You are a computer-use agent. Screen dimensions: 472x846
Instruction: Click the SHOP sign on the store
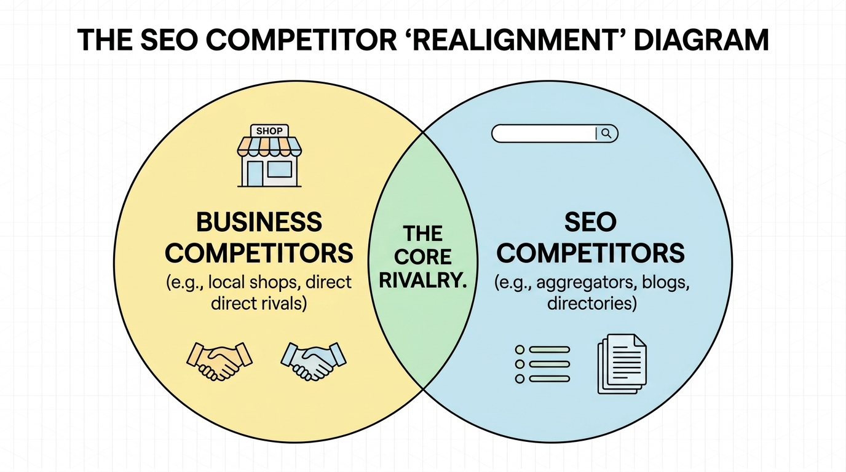269,131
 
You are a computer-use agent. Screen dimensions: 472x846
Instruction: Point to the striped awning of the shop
269,146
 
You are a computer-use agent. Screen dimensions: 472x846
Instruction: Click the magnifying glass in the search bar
606,133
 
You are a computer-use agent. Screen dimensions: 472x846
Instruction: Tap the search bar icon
555,133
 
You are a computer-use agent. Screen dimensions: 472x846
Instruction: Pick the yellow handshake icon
219,361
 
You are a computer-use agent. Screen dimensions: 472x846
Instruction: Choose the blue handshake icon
314,361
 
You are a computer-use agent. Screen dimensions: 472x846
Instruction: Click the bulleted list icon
542,364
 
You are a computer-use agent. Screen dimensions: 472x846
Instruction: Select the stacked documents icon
622,364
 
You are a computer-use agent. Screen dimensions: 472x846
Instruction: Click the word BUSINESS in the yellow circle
259,222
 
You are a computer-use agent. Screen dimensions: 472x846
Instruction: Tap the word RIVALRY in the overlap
423,280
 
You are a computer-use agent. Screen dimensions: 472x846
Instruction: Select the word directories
591,303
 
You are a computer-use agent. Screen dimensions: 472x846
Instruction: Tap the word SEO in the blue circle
590,222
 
